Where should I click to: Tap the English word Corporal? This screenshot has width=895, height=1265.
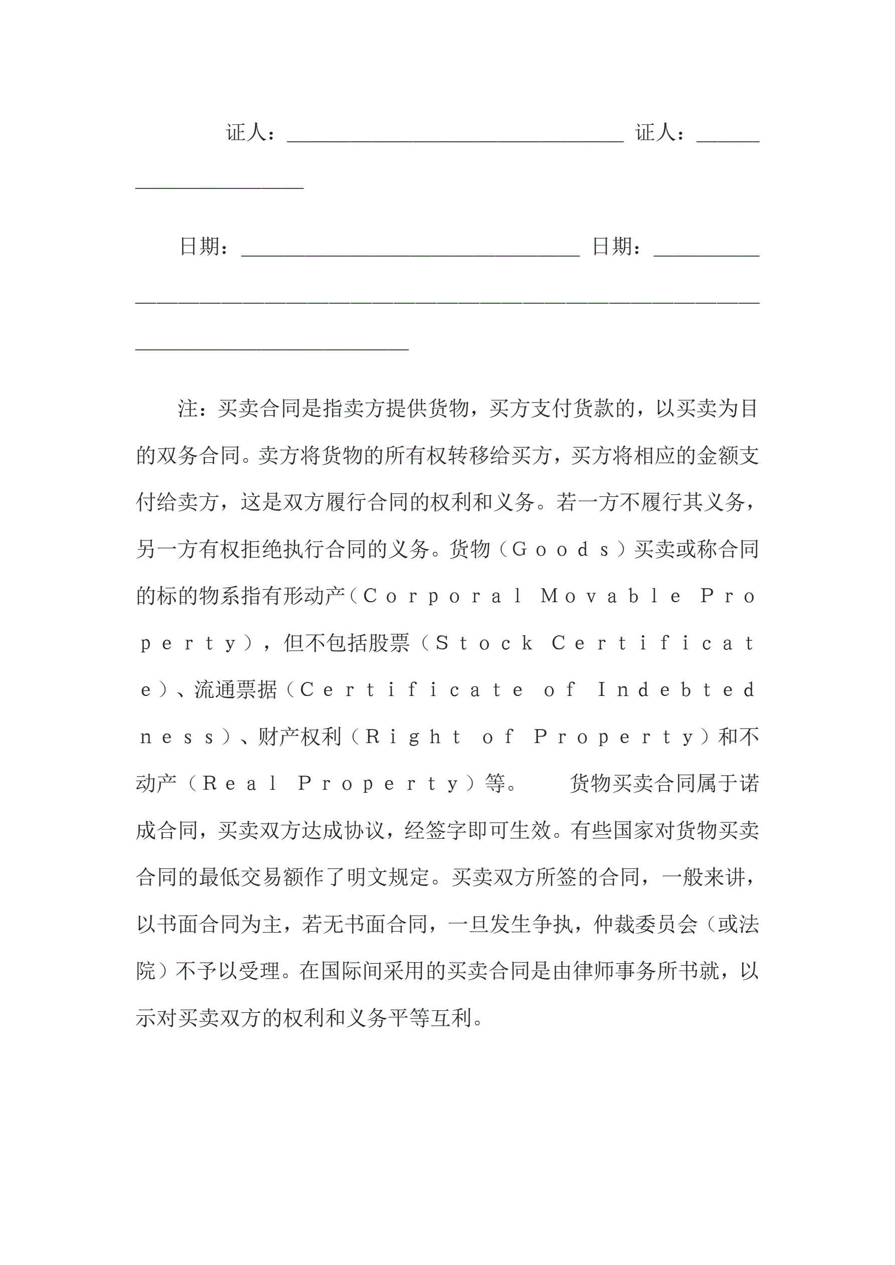point(443,596)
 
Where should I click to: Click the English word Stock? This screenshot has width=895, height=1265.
point(484,643)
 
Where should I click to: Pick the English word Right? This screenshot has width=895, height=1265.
point(413,737)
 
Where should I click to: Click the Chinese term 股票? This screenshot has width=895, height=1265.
point(389,643)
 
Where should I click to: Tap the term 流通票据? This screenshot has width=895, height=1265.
point(236,690)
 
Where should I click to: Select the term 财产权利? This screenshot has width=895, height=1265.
point(300,737)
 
